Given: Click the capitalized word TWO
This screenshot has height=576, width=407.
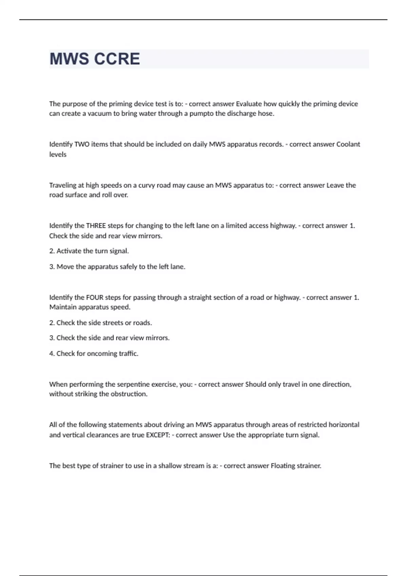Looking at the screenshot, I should click(82, 144).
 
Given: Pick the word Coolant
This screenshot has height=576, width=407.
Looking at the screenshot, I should click(348, 144).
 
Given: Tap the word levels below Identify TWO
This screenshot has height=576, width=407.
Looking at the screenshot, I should click(58, 155).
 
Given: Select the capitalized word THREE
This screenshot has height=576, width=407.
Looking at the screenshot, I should click(96, 226).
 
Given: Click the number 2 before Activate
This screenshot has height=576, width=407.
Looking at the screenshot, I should click(52, 251).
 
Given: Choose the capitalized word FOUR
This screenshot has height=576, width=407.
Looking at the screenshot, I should click(95, 297).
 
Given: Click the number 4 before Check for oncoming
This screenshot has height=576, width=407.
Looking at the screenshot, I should click(52, 353).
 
